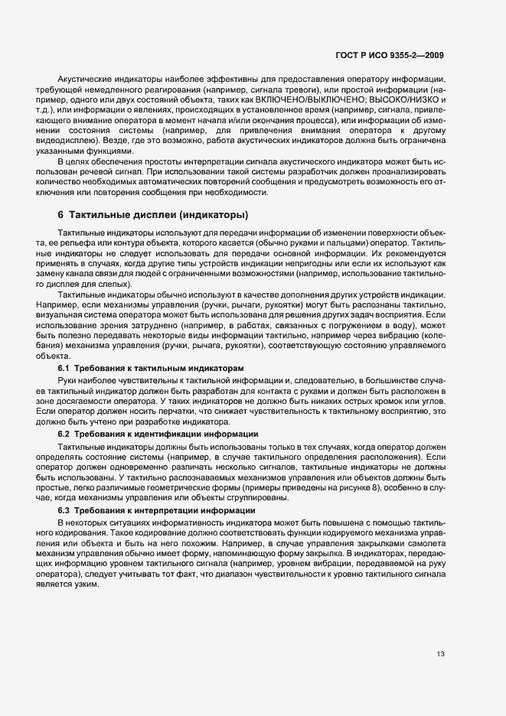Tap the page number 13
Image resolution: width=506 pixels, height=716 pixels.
(x=440, y=654)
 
